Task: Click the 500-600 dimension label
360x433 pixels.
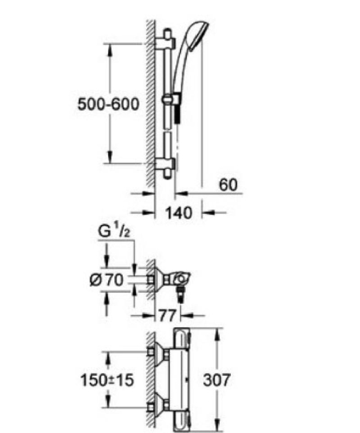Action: point(109,105)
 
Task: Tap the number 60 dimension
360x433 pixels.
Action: point(227,185)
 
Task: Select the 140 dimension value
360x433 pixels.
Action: point(179,213)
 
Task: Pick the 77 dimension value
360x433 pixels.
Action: point(167,315)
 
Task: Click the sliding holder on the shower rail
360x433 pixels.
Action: point(170,100)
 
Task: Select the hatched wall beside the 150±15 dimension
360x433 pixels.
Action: point(149,379)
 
